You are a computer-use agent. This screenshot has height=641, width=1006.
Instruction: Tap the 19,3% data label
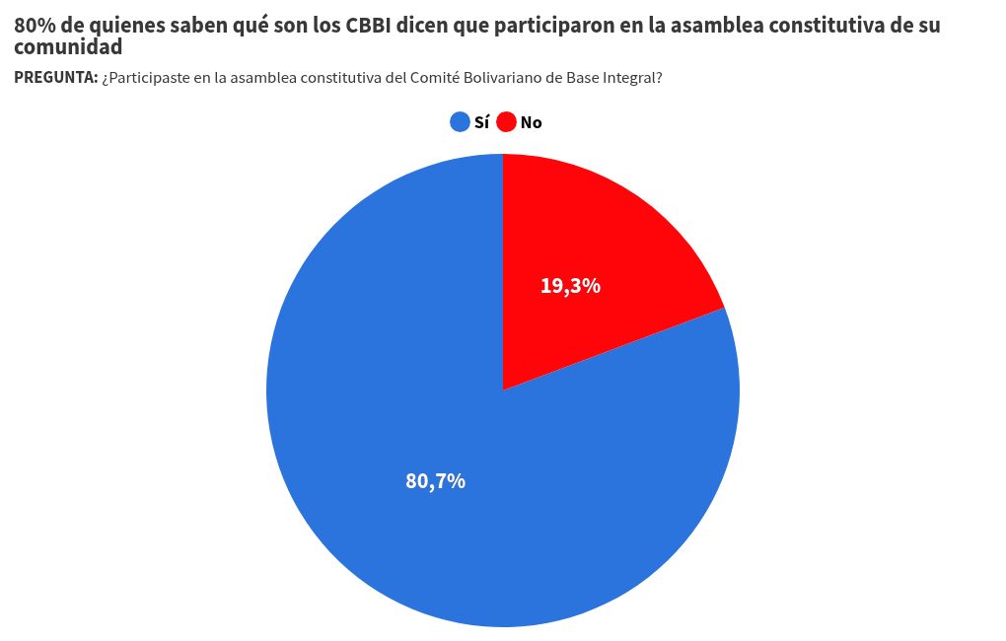tap(570, 286)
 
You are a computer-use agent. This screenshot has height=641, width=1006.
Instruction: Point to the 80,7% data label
tap(435, 481)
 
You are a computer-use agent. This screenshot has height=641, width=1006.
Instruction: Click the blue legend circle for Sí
tap(460, 122)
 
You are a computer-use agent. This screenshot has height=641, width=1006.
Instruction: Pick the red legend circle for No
tap(507, 122)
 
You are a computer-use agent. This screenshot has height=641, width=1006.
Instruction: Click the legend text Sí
tap(481, 122)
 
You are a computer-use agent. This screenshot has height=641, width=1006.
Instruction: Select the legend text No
tap(532, 122)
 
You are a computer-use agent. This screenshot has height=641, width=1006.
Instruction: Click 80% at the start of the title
tap(35, 27)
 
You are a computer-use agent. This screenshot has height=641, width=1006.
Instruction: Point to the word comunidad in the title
tap(68, 46)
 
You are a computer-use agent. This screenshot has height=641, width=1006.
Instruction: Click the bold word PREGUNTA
tap(55, 78)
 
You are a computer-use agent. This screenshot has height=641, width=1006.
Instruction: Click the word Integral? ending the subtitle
tap(629, 78)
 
